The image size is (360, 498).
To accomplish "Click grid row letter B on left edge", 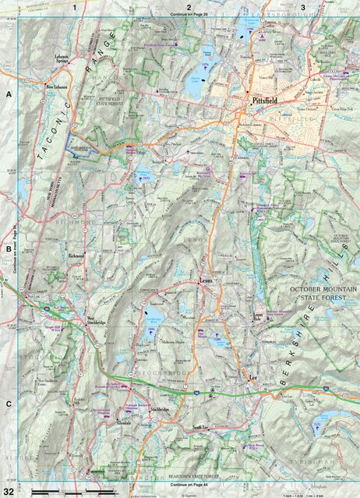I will (9, 249).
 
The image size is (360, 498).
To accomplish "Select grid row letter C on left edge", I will (9, 404).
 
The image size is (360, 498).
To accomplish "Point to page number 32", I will (9, 489).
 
